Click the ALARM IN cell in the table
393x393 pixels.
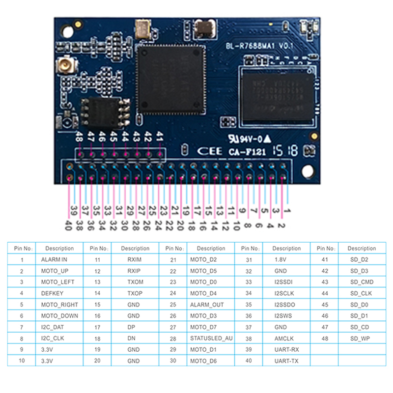click(54, 259)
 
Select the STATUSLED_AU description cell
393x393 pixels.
click(211, 338)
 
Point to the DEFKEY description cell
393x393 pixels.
click(53, 293)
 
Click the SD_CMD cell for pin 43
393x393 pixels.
click(361, 282)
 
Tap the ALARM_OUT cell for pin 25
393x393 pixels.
click(206, 305)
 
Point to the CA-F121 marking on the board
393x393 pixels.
click(247, 152)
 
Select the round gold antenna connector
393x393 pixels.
click(64, 65)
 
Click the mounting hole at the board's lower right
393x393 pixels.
click(308, 170)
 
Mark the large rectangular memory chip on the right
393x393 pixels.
click(277, 96)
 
